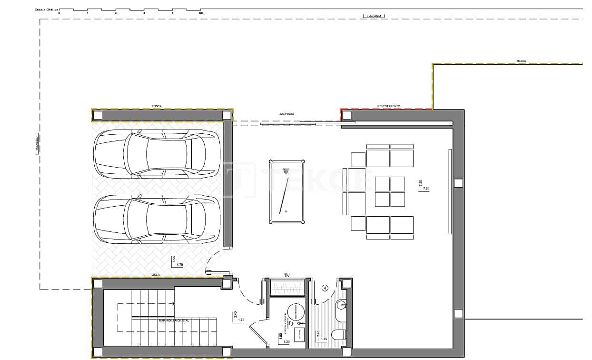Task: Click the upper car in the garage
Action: click(157, 154)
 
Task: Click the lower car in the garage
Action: click(157, 219)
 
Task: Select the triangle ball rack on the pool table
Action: click(286, 171)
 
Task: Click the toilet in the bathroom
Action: click(339, 335)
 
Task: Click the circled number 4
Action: click(325, 288)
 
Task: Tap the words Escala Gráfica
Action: click(46, 9)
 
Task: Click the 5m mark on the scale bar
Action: click(200, 13)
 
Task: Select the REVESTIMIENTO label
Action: click(388, 106)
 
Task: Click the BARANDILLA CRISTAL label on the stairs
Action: click(174, 320)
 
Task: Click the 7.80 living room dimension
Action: click(426, 189)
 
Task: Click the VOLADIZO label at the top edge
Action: click(373, 16)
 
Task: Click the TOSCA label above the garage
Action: click(157, 106)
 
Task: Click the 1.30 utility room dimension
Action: click(286, 342)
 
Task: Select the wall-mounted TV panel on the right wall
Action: click(450, 191)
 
